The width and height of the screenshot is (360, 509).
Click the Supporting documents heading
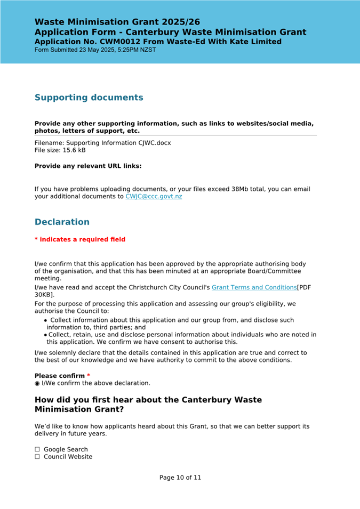coord(89,98)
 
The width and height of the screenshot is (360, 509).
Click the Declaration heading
coord(62,222)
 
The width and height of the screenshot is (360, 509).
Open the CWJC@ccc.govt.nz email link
coord(154,197)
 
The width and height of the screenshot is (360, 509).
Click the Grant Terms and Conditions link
coord(254,287)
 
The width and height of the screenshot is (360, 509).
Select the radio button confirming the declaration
coord(37,383)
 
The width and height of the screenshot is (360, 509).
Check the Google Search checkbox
coord(37,449)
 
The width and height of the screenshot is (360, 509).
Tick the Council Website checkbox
coord(37,457)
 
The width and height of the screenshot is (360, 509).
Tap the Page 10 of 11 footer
coord(180,478)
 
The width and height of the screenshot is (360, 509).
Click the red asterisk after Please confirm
coord(89,376)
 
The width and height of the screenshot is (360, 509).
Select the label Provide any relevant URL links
coord(88,166)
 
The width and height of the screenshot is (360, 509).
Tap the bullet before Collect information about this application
coord(46,320)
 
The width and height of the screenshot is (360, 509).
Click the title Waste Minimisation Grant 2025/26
coord(117,22)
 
